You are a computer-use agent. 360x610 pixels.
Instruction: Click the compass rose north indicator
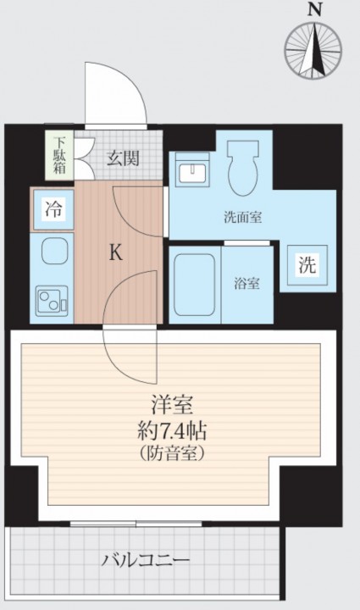[313, 51]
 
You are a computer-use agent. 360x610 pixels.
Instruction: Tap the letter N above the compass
[314, 10]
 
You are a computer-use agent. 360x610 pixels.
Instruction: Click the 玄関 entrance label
[123, 158]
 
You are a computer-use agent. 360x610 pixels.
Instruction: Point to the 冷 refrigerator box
[53, 210]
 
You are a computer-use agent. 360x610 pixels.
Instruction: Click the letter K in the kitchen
[115, 252]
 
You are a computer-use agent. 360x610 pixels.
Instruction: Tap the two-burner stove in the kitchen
[52, 301]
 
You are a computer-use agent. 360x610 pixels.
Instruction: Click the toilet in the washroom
[243, 168]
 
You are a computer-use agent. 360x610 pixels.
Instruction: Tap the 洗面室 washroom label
[243, 218]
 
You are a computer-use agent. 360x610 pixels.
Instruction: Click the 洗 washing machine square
[307, 265]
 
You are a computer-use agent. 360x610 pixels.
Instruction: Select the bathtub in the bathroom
[194, 285]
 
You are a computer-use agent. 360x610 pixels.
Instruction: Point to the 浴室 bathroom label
[246, 284]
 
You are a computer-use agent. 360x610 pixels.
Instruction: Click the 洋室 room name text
[172, 405]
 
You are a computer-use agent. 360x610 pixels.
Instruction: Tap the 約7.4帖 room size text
[172, 430]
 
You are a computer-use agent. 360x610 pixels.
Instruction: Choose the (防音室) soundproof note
[172, 452]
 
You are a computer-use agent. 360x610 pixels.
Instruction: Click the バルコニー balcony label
[146, 560]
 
